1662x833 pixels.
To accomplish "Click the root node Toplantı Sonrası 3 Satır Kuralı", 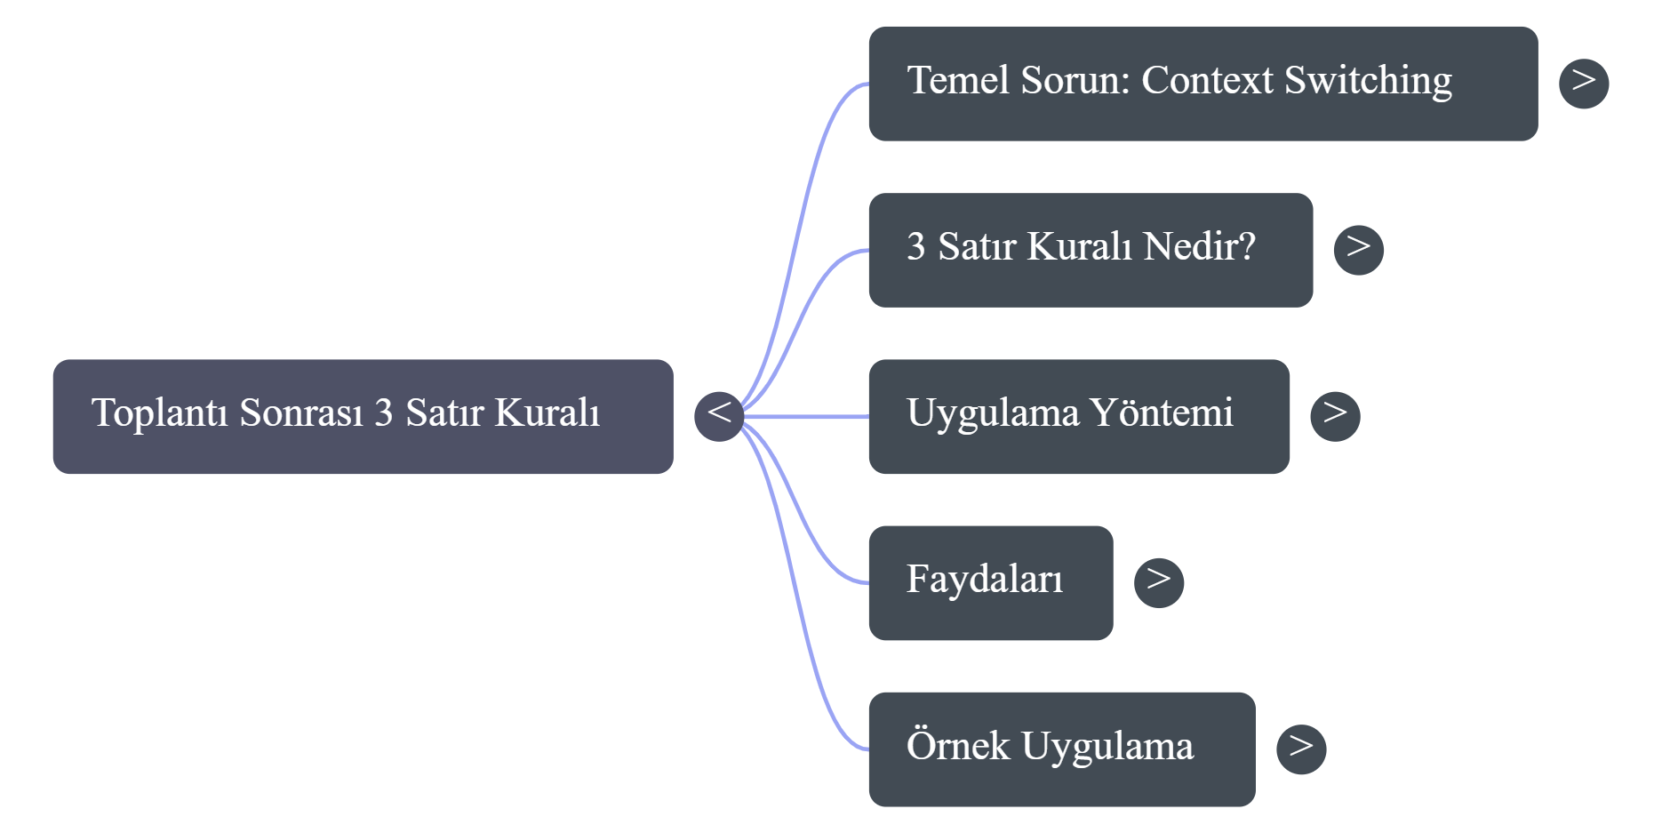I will (363, 416).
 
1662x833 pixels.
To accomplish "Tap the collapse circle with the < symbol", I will (718, 415).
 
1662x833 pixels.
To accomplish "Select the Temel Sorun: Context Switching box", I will (1202, 83).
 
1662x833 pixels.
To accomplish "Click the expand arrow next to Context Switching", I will (1584, 83).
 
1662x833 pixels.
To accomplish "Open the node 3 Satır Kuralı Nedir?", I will (1090, 250).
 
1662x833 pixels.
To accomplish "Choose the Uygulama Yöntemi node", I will (1078, 416).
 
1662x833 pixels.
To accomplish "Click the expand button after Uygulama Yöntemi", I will (1335, 415).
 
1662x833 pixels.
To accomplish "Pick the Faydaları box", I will (990, 582).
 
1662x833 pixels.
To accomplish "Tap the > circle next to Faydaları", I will (1158, 582).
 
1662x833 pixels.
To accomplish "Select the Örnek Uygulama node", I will (1061, 749).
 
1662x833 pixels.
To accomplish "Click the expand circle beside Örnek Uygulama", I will (1300, 749).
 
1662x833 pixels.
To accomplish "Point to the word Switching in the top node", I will (1368, 81).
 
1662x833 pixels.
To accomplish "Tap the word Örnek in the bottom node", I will (957, 746).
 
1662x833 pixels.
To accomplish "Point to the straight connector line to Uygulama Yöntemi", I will (809, 416).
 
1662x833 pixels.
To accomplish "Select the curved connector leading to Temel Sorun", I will (804, 190).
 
